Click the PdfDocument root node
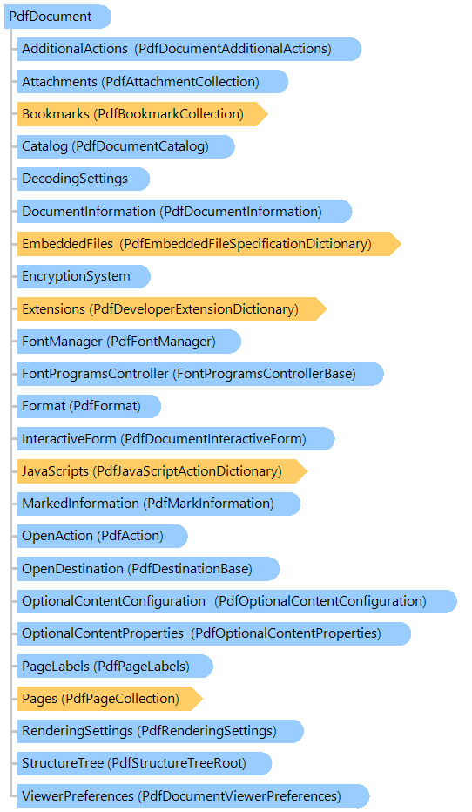click(57, 17)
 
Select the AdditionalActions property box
click(189, 49)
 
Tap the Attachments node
click(152, 82)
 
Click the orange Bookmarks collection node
click(142, 114)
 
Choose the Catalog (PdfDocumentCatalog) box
click(125, 146)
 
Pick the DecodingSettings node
click(84, 179)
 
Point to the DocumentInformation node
click(185, 212)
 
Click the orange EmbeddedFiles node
click(209, 244)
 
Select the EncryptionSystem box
click(84, 276)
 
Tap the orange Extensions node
click(172, 309)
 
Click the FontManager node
click(129, 342)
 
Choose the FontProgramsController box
click(200, 374)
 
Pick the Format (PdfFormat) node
click(89, 406)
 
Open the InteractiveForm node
click(176, 439)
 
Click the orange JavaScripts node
click(162, 471)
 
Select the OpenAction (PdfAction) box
click(103, 536)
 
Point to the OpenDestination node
click(149, 569)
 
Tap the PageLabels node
click(115, 667)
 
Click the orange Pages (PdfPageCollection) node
click(110, 699)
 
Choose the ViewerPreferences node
click(193, 796)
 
